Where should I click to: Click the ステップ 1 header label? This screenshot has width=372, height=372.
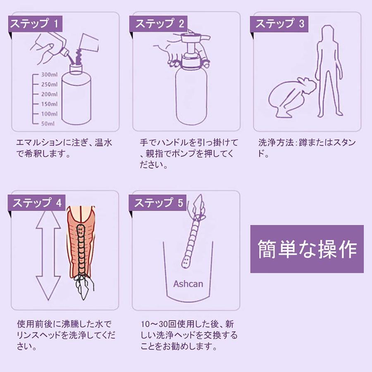[35, 24]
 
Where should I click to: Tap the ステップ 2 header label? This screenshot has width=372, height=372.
[158, 24]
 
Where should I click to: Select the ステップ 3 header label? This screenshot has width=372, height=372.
[279, 24]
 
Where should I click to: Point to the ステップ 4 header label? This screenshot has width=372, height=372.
[36, 203]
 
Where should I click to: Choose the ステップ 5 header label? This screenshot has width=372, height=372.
[157, 203]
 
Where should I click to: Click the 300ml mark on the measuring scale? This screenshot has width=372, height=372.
[49, 74]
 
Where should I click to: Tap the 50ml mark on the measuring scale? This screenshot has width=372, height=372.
[48, 123]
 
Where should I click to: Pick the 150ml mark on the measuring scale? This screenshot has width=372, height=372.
[49, 104]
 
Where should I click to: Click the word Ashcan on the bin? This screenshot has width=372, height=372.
[188, 284]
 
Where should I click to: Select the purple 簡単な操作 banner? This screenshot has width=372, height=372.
[307, 249]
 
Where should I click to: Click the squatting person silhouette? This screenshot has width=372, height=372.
[292, 98]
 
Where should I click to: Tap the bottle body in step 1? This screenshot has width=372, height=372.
[76, 95]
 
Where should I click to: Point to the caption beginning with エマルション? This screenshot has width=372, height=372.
[64, 148]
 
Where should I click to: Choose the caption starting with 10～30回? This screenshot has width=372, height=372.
[189, 335]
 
